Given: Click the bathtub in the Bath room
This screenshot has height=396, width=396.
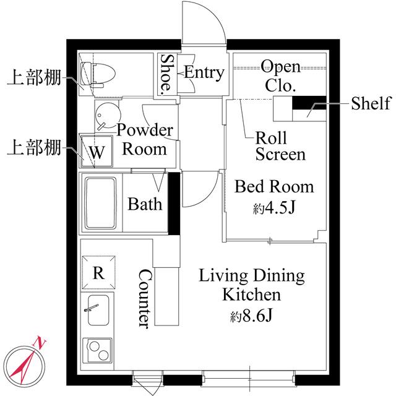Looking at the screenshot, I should pyautogui.click(x=102, y=203).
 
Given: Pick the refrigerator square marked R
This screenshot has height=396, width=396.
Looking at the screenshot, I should pyautogui.click(x=98, y=272).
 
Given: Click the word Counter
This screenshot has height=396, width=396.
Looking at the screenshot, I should pyautogui.click(x=144, y=298).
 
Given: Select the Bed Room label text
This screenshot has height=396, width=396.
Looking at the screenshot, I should pyautogui.click(x=274, y=186).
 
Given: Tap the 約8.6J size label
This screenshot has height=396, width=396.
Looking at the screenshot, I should pyautogui.click(x=252, y=317).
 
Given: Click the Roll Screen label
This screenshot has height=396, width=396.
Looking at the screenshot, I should pyautogui.click(x=280, y=146).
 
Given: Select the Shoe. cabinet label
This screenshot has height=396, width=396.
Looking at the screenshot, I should pyautogui.click(x=167, y=74).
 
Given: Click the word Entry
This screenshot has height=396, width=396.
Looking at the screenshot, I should pyautogui.click(x=204, y=72).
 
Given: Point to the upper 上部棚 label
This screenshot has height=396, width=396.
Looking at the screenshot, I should pyautogui.click(x=33, y=79).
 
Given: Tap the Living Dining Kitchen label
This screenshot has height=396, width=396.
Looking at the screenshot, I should pyautogui.click(x=251, y=284).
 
